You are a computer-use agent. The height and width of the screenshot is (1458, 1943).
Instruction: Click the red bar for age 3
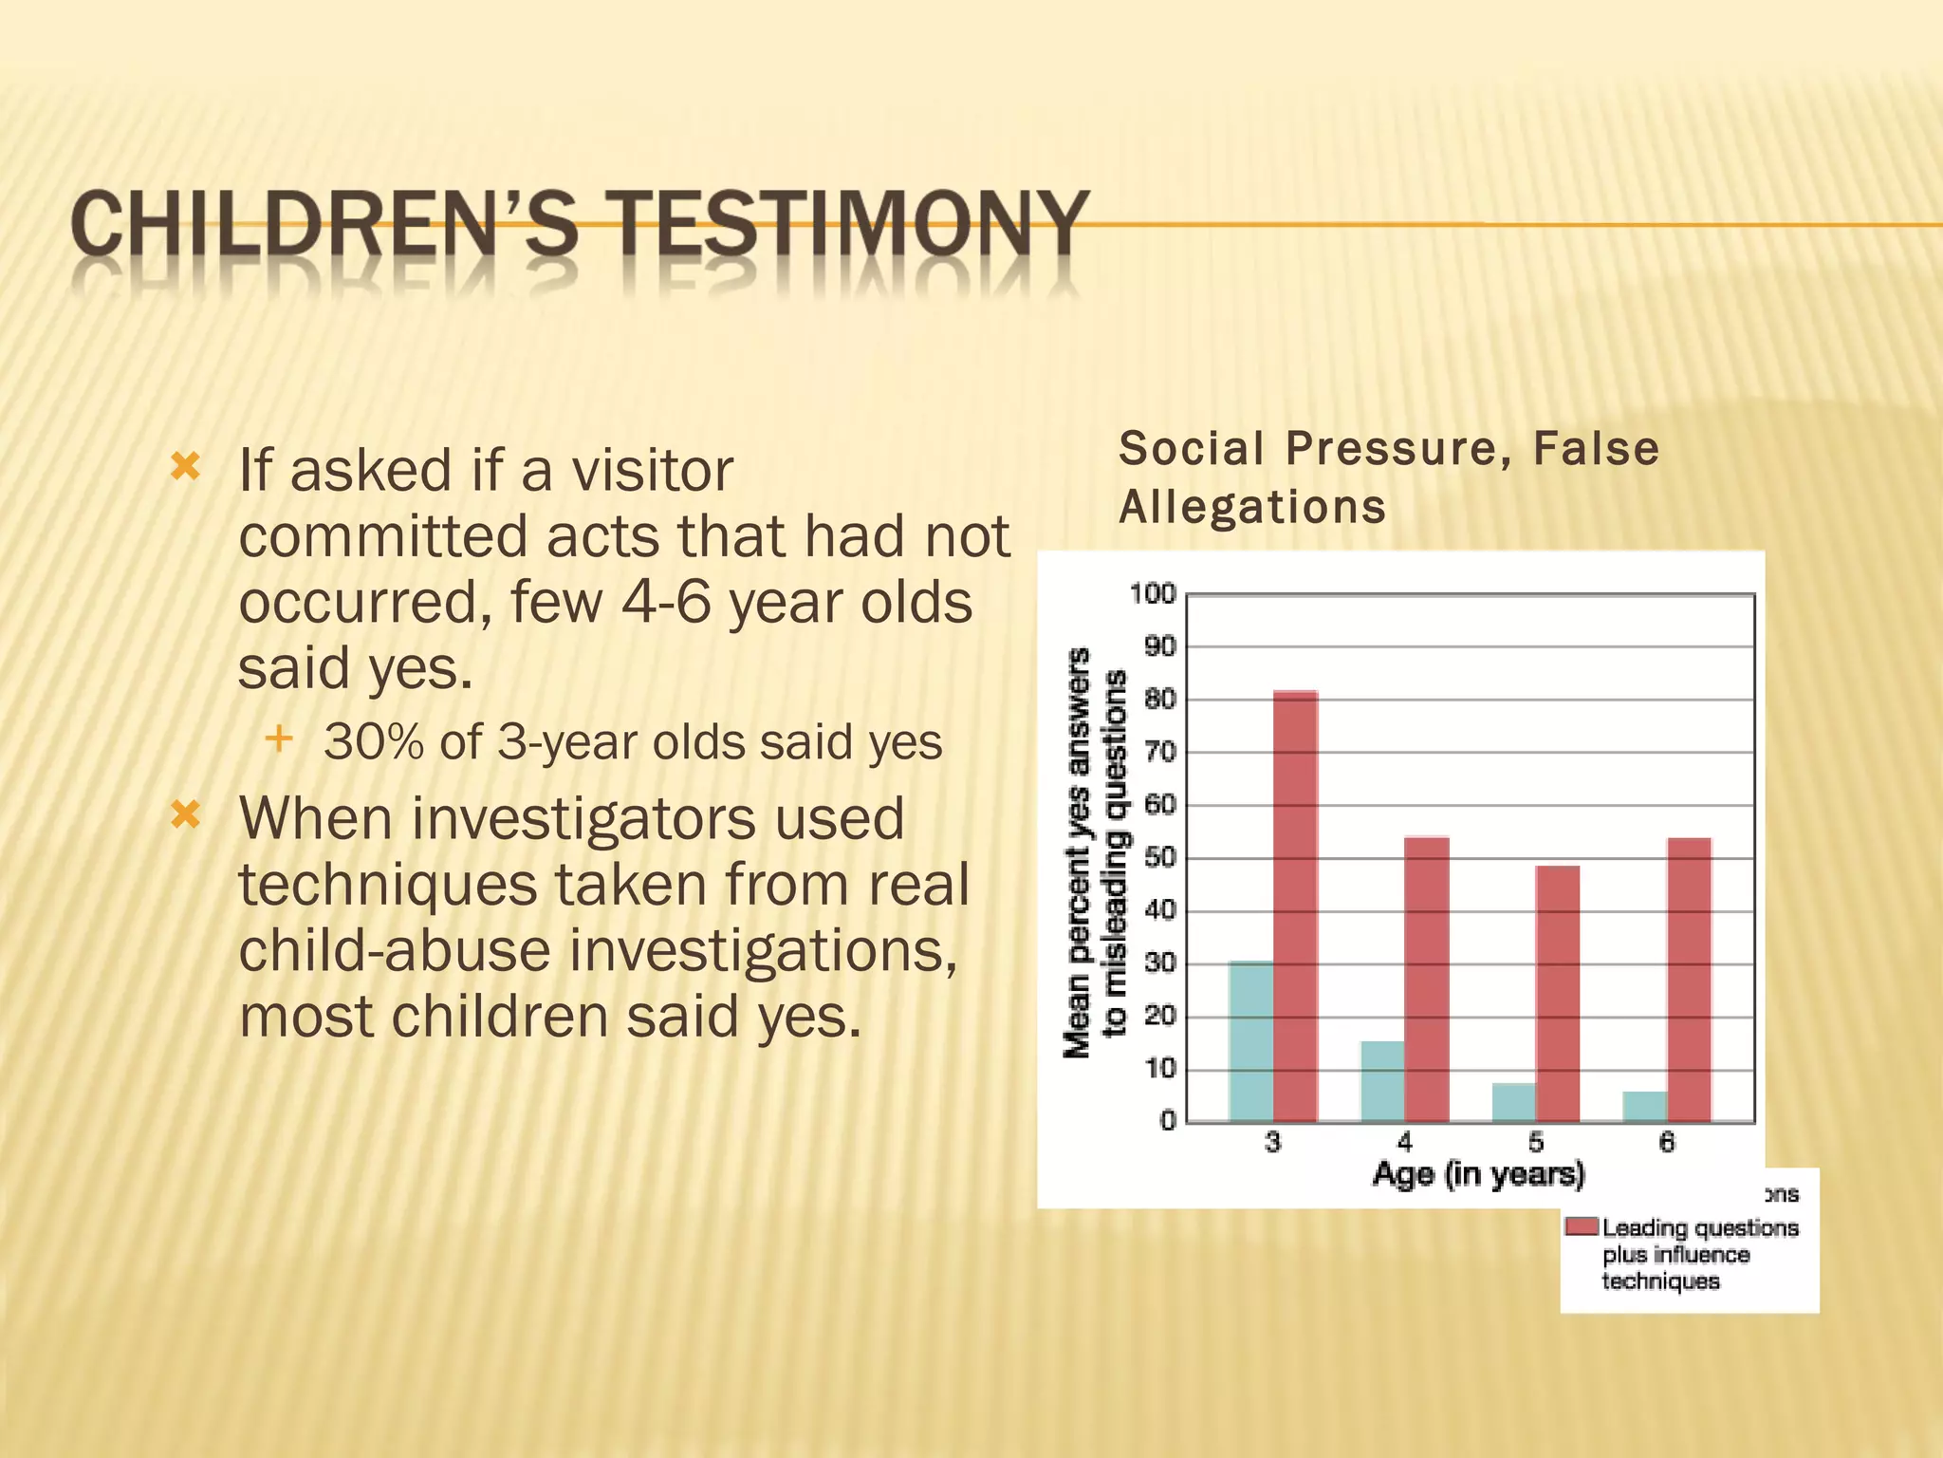coord(1295,907)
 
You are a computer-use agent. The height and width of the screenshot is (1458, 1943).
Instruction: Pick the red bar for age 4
coord(1427,979)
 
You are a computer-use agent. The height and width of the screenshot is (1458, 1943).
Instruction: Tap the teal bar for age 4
coord(1382,1081)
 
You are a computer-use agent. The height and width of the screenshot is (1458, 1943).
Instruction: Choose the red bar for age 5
coord(1558,993)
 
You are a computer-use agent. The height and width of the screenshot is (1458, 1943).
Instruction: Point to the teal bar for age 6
coord(1644,1106)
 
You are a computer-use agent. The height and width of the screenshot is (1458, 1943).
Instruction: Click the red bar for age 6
coord(1689,979)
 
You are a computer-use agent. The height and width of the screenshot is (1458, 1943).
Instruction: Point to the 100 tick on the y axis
coord(1152,594)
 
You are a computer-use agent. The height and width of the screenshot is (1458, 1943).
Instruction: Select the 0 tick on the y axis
coord(1168,1121)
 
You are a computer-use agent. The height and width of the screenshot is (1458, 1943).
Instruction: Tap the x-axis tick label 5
coord(1536,1142)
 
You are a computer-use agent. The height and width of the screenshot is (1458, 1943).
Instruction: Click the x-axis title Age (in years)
coord(1478,1174)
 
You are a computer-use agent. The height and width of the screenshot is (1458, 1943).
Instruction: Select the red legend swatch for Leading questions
coord(1582,1227)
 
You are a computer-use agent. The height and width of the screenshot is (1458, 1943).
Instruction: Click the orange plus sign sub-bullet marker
coord(279,738)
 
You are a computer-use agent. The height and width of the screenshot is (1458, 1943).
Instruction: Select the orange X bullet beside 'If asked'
coord(185,466)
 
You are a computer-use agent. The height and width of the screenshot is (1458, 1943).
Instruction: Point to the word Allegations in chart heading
coord(1252,507)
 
